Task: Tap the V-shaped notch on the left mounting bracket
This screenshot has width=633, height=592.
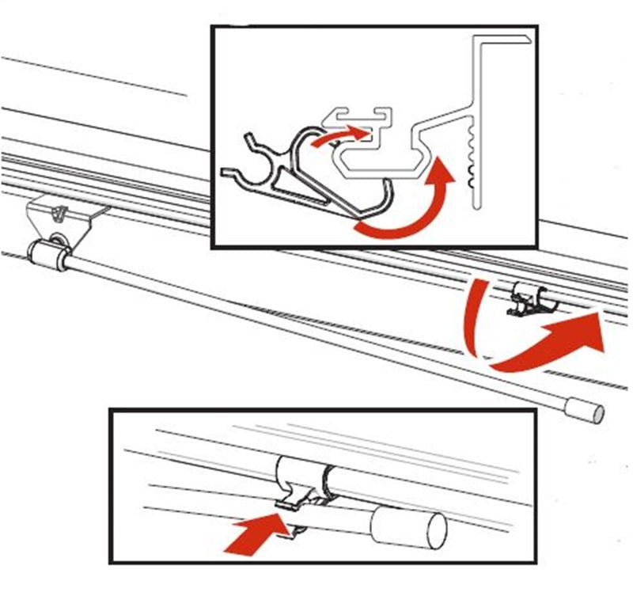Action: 57,213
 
